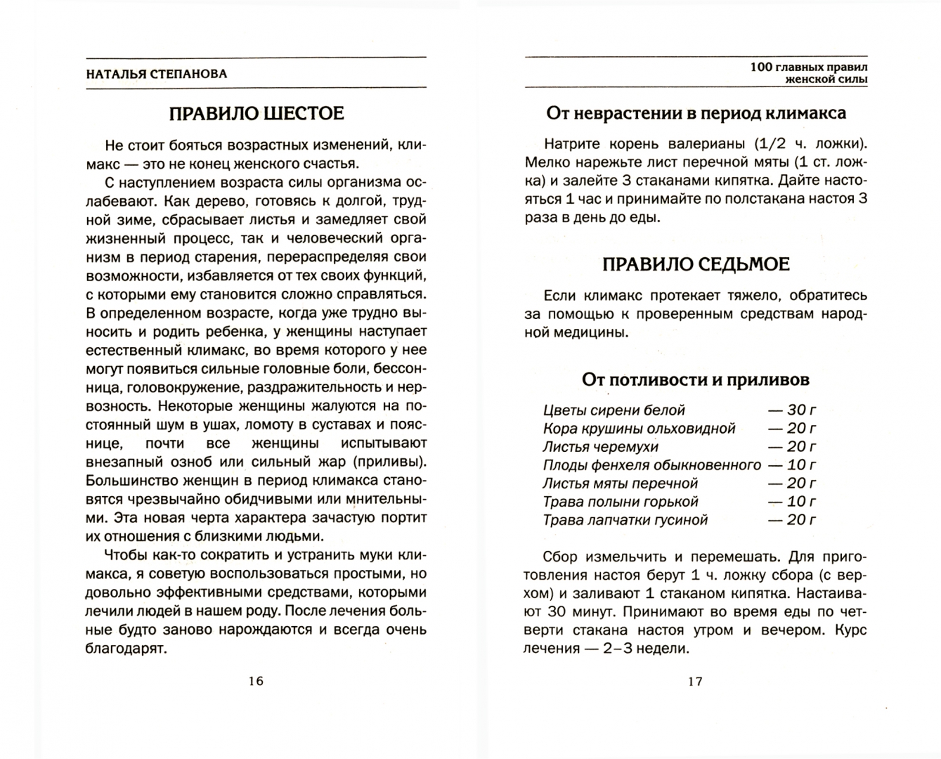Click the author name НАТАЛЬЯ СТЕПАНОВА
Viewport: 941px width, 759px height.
point(157,74)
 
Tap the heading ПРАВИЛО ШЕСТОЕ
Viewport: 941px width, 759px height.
point(256,113)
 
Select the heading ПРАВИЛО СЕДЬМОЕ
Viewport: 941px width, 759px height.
point(696,264)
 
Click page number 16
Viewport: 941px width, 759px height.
point(256,681)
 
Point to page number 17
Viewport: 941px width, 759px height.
point(695,681)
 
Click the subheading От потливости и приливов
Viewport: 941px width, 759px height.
point(695,379)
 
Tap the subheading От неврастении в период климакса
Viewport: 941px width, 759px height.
point(696,113)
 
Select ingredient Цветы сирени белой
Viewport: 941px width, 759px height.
point(614,410)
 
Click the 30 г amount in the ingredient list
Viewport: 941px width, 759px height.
point(792,410)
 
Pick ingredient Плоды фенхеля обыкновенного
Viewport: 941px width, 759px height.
point(651,465)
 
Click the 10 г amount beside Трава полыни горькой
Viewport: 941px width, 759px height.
point(792,502)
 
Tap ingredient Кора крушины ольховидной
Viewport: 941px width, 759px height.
point(639,429)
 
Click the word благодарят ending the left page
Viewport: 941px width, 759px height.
point(126,648)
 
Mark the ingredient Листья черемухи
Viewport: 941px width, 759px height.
point(600,447)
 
